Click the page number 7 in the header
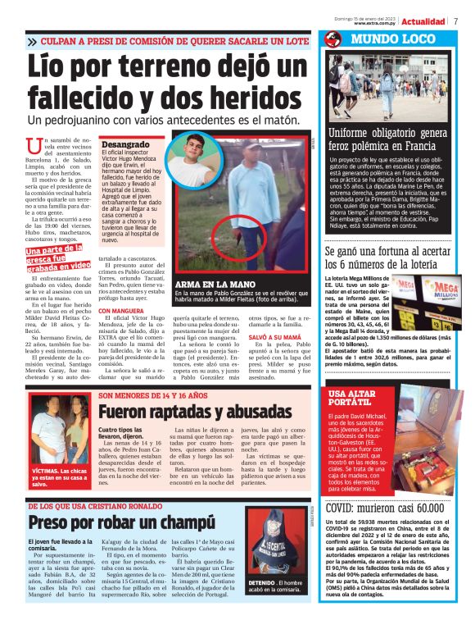tap(455, 21)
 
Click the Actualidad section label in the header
tap(423, 21)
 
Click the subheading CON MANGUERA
tap(121, 312)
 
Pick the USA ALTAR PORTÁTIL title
tap(354, 399)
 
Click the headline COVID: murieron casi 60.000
tap(384, 508)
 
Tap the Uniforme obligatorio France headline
tap(387, 139)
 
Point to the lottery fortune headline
tap(387, 258)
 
